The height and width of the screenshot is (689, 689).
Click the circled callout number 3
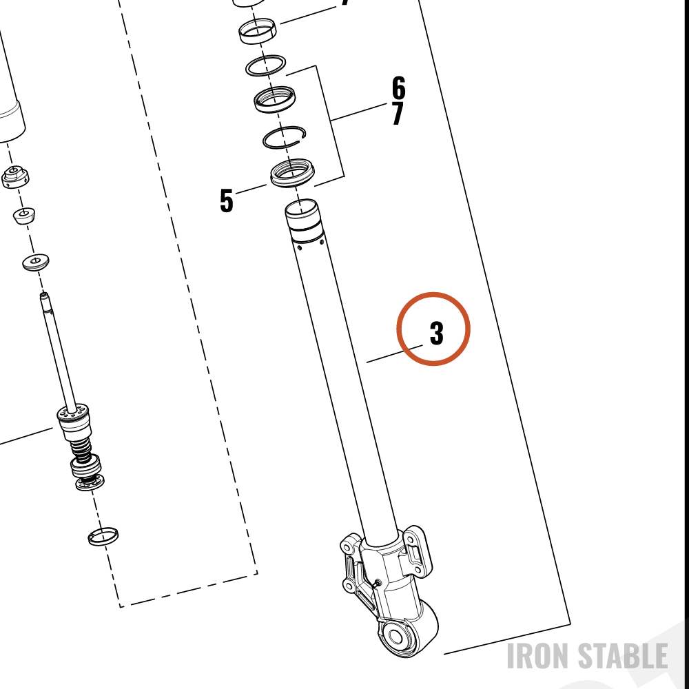[x=436, y=333]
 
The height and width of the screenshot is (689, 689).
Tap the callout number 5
[x=226, y=200]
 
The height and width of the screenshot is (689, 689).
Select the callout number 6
[x=398, y=88]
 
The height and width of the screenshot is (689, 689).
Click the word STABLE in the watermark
[x=622, y=656]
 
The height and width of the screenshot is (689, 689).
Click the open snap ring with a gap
[x=285, y=138]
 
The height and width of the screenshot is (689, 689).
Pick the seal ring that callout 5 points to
[x=292, y=173]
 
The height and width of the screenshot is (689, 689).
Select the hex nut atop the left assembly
[x=15, y=176]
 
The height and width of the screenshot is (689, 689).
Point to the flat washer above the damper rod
[x=36, y=263]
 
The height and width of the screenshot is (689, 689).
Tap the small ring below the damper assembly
[x=103, y=536]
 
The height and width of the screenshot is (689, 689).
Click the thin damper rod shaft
[x=59, y=351]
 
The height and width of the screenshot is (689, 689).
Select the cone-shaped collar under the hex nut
[x=23, y=215]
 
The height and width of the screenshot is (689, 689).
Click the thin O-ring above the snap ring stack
[x=265, y=65]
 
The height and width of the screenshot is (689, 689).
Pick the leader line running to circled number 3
[x=395, y=353]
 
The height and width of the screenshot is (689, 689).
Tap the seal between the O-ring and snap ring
[x=275, y=99]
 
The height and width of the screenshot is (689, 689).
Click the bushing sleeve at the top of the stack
[x=258, y=31]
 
